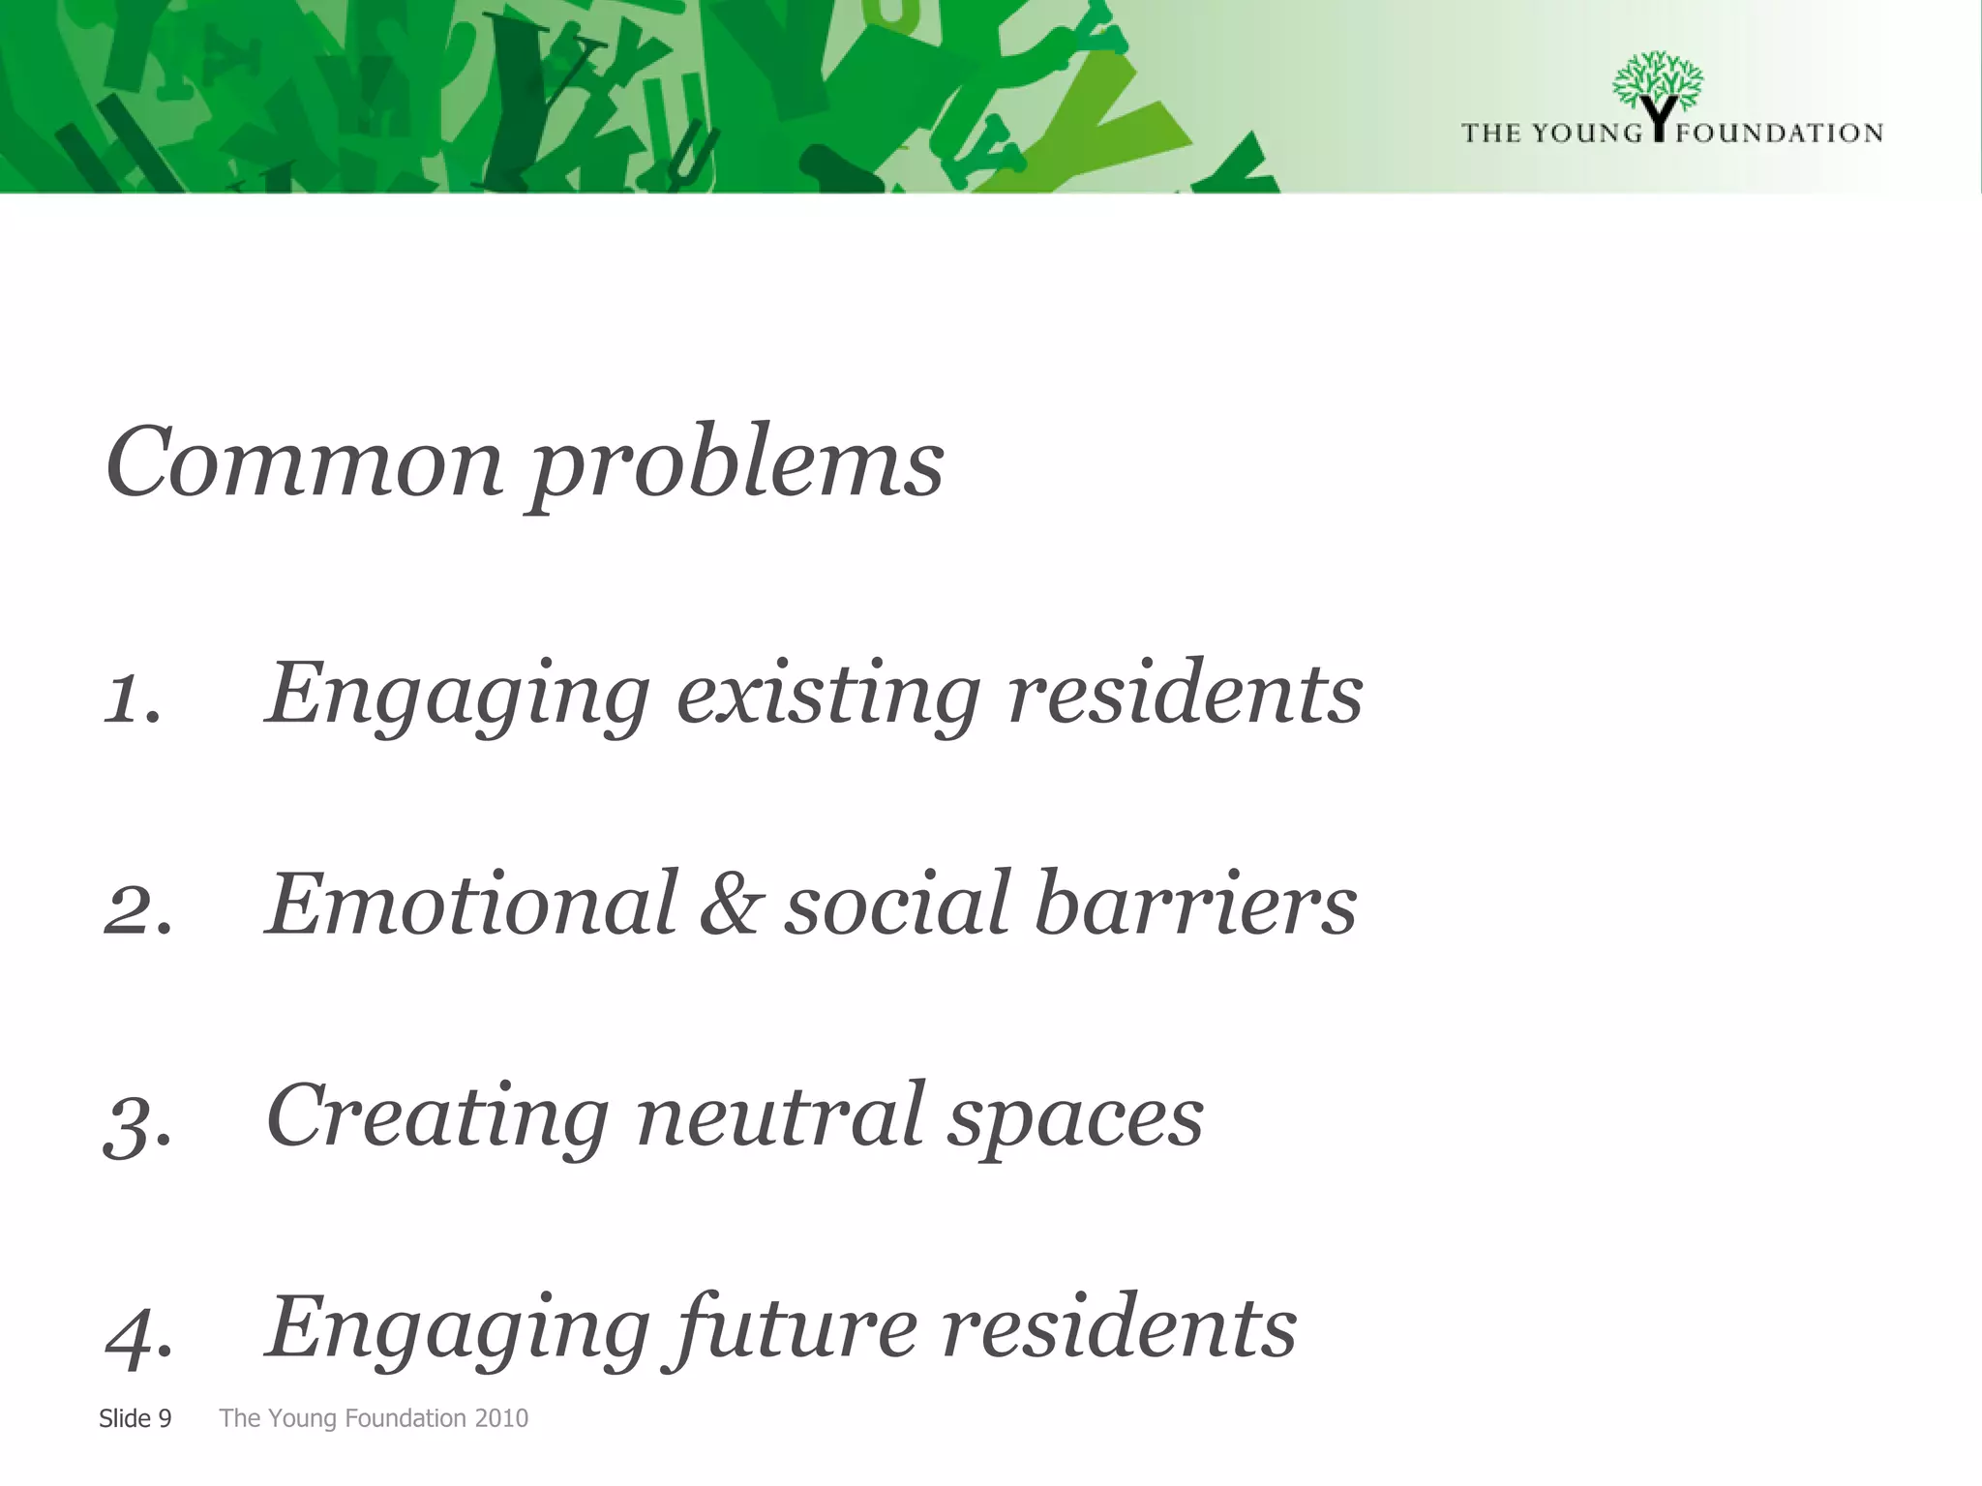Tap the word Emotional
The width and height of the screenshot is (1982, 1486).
(472, 904)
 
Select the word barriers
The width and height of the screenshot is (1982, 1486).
(1195, 904)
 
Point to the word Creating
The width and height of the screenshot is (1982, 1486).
(437, 1117)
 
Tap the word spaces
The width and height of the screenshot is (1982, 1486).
(1074, 1120)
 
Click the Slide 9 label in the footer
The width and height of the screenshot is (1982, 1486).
(135, 1418)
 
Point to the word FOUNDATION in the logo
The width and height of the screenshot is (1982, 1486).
(1779, 133)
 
